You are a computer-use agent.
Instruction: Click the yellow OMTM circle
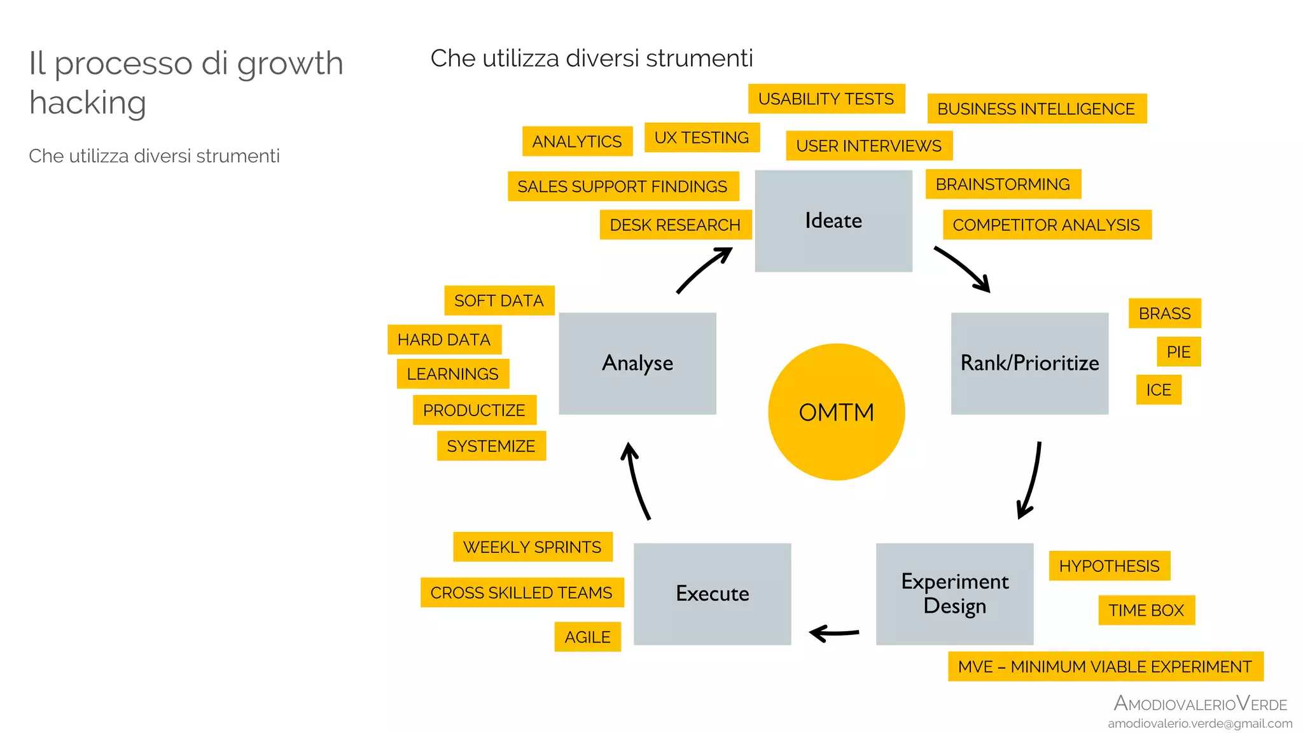point(836,412)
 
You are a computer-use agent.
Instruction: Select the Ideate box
point(833,221)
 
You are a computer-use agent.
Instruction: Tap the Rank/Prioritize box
point(1029,363)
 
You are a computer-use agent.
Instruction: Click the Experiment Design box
point(954,594)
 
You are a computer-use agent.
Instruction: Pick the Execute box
point(712,594)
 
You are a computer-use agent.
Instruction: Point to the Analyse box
point(637,363)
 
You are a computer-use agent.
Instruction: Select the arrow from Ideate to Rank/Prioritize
point(963,268)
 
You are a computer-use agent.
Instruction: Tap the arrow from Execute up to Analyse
point(637,482)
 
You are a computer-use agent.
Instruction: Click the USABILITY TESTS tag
point(826,99)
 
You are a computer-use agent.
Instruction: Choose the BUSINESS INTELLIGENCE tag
point(1036,109)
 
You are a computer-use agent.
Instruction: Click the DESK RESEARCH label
point(674,225)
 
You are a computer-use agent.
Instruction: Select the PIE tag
point(1178,352)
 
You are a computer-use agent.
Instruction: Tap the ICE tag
point(1158,390)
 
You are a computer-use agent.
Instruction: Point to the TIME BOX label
point(1146,610)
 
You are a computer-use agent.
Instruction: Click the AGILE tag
point(587,637)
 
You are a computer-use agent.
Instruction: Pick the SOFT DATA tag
point(499,301)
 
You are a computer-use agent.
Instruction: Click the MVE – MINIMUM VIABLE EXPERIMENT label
point(1104,667)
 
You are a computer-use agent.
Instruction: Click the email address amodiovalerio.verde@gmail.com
point(1199,723)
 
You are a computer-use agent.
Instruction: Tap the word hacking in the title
point(88,102)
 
